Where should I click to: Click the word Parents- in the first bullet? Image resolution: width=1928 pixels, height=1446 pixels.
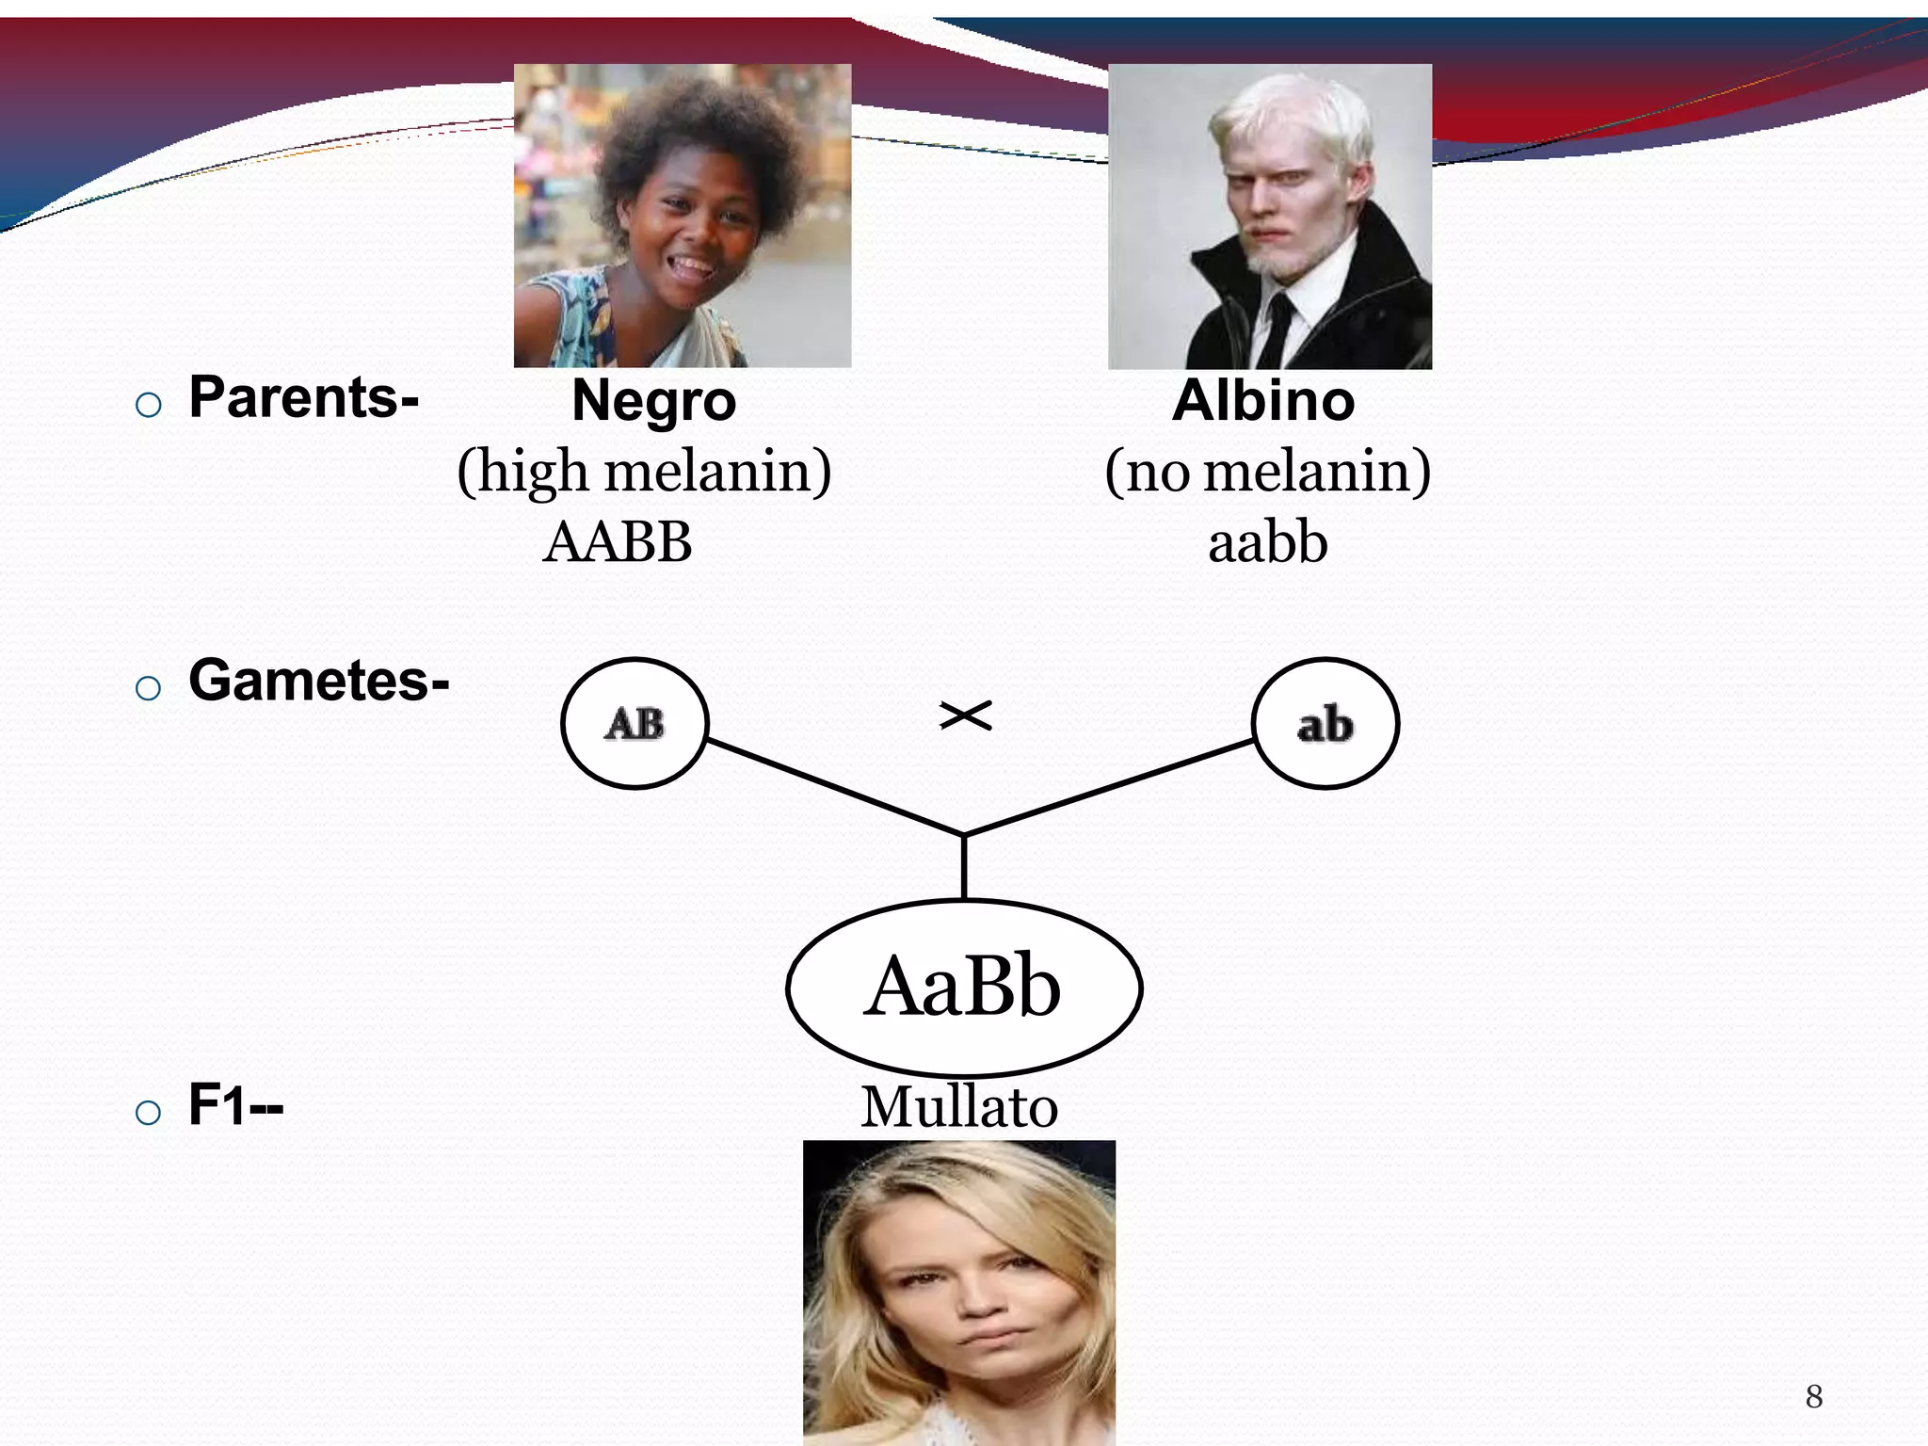click(x=303, y=397)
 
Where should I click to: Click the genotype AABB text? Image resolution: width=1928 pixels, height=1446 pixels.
click(x=618, y=542)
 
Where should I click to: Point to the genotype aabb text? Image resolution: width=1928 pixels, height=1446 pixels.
click(x=1267, y=542)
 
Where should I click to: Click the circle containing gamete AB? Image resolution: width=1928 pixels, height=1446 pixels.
click(x=635, y=723)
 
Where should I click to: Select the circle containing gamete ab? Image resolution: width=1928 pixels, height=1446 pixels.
click(x=1325, y=723)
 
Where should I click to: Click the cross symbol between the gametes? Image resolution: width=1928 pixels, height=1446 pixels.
click(x=965, y=716)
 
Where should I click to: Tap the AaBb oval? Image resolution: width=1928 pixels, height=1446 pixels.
click(x=963, y=988)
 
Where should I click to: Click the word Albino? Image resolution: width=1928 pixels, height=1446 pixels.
click(x=1263, y=400)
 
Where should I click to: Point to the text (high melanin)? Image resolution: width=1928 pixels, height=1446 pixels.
click(x=644, y=471)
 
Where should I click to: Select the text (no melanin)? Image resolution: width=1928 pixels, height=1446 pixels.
click(x=1267, y=471)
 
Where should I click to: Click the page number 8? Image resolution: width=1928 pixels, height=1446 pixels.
click(x=1814, y=1396)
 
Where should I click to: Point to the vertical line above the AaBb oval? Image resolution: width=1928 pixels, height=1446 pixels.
click(x=964, y=866)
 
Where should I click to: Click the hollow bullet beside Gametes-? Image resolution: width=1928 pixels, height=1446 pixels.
click(x=148, y=688)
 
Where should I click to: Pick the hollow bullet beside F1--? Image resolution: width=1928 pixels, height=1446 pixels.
click(x=148, y=1113)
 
